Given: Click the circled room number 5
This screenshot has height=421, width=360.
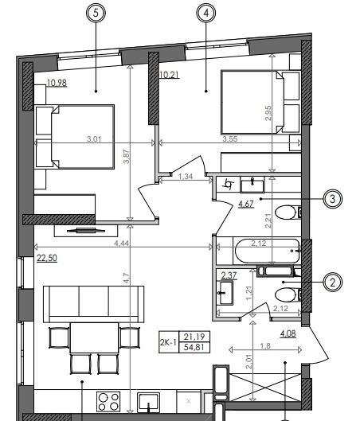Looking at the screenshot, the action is [96, 13].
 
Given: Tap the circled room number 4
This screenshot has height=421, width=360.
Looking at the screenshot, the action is [206, 13].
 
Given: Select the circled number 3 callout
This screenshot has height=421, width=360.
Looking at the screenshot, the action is [333, 199].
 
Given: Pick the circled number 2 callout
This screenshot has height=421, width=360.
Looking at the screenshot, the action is [333, 283].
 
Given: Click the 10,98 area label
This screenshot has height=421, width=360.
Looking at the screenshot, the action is [57, 84].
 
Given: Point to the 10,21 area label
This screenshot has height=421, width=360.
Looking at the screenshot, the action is [170, 75].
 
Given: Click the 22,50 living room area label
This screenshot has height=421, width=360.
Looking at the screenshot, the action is [47, 259].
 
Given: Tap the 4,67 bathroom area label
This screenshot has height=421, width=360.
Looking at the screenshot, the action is [246, 205].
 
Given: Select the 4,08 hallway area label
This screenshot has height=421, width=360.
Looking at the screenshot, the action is [288, 334].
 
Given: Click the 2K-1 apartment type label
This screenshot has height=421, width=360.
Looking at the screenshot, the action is [168, 342].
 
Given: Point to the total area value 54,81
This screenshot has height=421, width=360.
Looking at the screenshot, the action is [194, 348].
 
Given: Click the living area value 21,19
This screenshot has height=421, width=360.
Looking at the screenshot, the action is [194, 337].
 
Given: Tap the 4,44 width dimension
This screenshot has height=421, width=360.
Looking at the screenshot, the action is [121, 244].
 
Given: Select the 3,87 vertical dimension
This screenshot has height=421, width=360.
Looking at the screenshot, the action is [127, 157].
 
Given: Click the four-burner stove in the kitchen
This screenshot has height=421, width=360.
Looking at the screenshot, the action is [108, 401].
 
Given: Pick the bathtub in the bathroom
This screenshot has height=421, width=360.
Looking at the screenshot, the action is [268, 251].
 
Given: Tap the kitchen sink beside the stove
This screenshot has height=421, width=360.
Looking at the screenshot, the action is [149, 402].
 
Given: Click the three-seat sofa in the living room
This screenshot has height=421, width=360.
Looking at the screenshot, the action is [93, 304].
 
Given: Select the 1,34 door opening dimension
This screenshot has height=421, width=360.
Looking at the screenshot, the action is [186, 177].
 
